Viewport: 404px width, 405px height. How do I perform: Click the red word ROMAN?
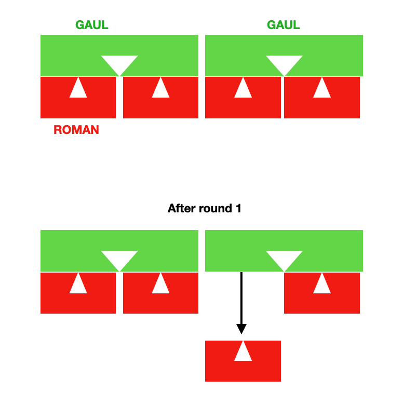[x=76, y=130]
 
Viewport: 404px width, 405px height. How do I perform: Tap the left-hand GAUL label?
[x=92, y=25]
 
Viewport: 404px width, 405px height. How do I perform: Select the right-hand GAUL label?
[x=284, y=25]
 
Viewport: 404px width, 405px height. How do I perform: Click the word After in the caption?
[x=182, y=209]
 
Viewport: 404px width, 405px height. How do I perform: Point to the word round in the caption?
[x=216, y=209]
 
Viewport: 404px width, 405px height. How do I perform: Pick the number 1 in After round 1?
[x=238, y=209]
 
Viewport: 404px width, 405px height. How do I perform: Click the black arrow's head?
[x=241, y=328]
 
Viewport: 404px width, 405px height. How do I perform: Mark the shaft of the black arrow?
[x=241, y=296]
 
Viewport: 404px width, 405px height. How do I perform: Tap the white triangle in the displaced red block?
[x=243, y=352]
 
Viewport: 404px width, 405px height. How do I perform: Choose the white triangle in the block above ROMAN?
[x=78, y=88]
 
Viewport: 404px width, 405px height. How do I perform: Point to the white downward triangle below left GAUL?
[x=119, y=64]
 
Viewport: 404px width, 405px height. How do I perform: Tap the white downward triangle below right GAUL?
[x=285, y=64]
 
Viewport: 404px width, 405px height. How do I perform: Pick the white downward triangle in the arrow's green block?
[x=285, y=259]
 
